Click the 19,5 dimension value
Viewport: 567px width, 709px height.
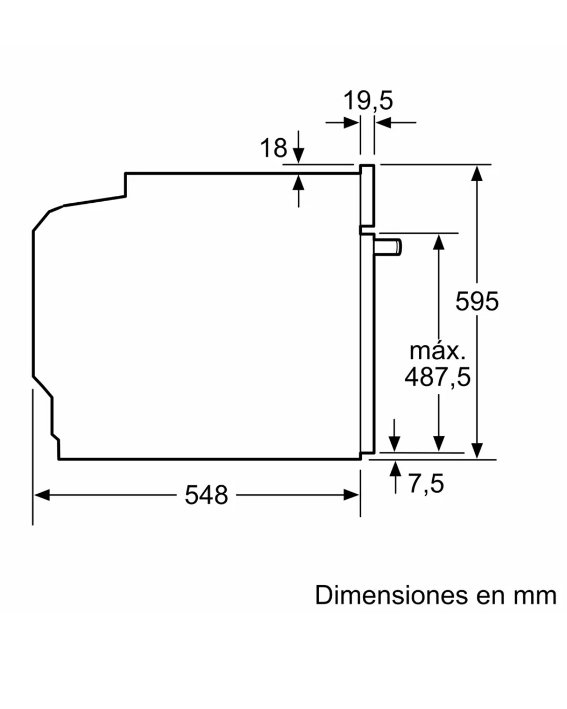(368, 101)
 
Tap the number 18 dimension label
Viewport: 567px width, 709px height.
(274, 148)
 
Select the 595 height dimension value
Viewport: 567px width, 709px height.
(477, 301)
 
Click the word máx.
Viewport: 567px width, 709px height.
(437, 351)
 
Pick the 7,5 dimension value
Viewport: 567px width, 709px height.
(427, 483)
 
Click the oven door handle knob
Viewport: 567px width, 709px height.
(388, 247)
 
